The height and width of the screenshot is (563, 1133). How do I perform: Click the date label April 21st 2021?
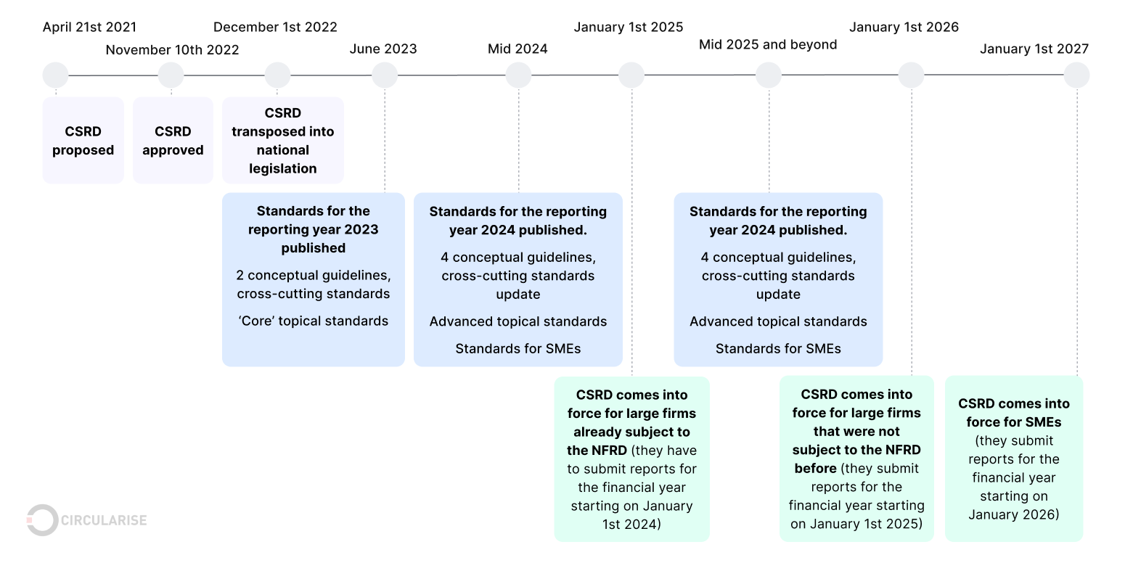89,28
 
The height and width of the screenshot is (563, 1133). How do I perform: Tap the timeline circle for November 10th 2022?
171,75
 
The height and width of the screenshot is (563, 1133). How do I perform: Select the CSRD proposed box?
83,141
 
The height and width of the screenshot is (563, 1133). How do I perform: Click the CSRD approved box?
173,141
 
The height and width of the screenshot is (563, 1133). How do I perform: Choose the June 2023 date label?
383,49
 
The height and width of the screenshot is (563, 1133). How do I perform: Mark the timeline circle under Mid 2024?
518,75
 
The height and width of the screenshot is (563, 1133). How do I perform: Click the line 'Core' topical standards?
313,321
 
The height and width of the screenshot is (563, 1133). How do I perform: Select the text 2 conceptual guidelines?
313,276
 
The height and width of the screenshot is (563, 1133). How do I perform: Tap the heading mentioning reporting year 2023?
313,229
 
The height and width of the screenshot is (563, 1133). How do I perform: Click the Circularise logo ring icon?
42,520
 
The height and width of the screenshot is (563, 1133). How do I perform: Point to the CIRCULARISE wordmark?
105,520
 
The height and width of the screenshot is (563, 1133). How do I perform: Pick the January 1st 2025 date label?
628,28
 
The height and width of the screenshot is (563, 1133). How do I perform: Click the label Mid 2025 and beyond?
768,45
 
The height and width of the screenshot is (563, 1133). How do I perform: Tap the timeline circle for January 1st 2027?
1076,75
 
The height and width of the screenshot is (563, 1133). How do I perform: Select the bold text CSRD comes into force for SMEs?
1013,412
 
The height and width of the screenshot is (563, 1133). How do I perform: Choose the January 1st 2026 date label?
904,28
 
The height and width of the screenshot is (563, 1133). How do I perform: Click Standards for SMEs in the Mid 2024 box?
518,349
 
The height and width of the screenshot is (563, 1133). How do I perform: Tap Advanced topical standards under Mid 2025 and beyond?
778,321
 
